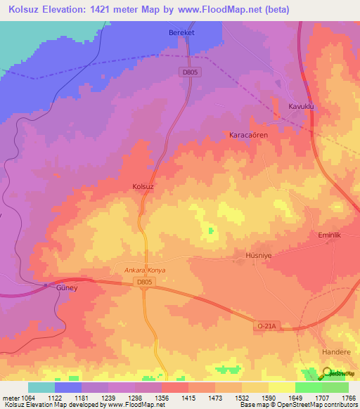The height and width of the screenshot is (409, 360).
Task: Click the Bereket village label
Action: pyautogui.click(x=181, y=33)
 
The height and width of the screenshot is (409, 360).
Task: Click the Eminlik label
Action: pyautogui.click(x=329, y=235)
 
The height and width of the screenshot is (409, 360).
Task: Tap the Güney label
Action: pyautogui.click(x=65, y=288)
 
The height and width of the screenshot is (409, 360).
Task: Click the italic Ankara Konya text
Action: pyautogui.click(x=144, y=269)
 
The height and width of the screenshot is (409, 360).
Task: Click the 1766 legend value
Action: pyautogui.click(x=349, y=398)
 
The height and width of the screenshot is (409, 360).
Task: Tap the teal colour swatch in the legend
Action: pyautogui.click(x=41, y=387)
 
